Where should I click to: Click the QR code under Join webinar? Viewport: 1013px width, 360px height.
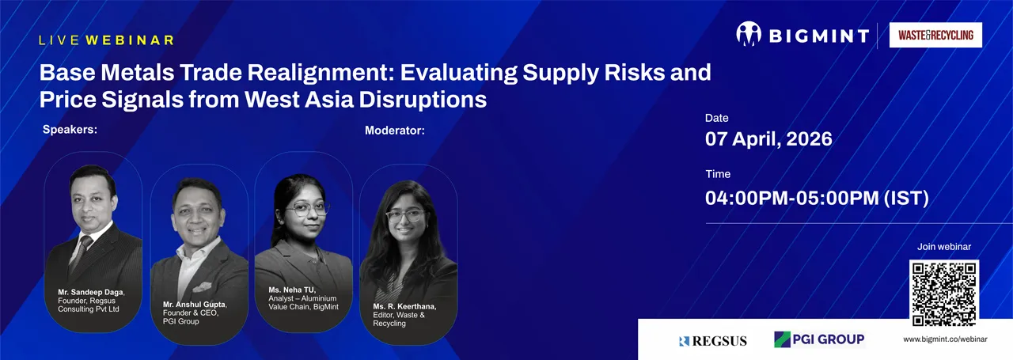pyautogui.click(x=943, y=293)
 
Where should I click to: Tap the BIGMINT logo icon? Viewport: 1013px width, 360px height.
pyautogui.click(x=748, y=35)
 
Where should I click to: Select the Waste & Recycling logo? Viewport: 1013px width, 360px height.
pyautogui.click(x=935, y=35)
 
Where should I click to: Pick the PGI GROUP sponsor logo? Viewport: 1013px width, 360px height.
pyautogui.click(x=819, y=339)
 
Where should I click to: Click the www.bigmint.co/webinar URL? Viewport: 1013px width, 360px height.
pyautogui.click(x=945, y=339)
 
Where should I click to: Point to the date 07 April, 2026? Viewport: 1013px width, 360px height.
pyautogui.click(x=768, y=139)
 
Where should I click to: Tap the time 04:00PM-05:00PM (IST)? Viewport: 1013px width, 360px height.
pyautogui.click(x=817, y=197)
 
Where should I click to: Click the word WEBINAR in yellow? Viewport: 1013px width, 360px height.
pyautogui.click(x=130, y=40)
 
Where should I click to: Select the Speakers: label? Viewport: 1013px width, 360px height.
pyautogui.click(x=70, y=130)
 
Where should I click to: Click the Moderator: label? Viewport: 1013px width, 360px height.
pyautogui.click(x=394, y=130)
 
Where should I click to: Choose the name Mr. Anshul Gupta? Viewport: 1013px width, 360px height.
pyautogui.click(x=195, y=304)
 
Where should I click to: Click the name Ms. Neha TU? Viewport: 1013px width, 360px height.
pyautogui.click(x=292, y=290)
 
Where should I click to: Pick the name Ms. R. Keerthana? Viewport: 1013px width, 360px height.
pyautogui.click(x=404, y=306)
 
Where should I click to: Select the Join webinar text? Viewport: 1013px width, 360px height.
pyautogui.click(x=944, y=247)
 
